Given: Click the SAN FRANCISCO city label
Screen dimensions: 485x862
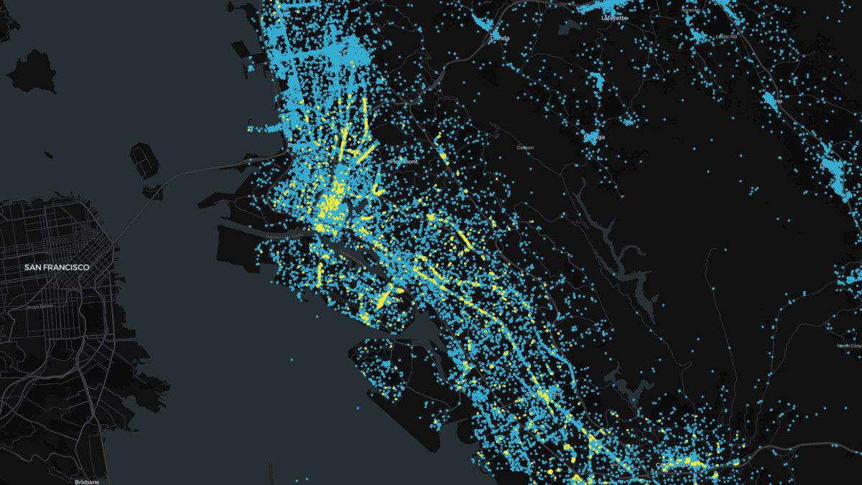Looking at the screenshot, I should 57,268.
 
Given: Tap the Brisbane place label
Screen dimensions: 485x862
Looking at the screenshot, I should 85,481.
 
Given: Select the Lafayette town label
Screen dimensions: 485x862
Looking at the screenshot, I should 614,17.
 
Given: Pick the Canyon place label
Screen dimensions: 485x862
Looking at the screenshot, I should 525,147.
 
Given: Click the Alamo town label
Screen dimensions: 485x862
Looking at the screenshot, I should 773,101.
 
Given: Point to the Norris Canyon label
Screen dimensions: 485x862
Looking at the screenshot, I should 850,346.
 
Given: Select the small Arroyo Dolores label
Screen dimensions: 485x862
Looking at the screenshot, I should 40,306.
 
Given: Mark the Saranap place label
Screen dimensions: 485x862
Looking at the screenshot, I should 691,10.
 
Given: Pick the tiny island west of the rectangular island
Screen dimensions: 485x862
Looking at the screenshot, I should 47,154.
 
